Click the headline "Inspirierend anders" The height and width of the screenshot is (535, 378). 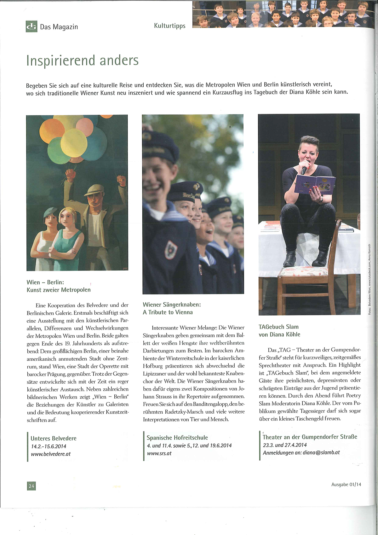83,61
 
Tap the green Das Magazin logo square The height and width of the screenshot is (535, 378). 31,26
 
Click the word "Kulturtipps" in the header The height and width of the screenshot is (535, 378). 170,26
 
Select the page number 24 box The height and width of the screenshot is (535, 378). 31,486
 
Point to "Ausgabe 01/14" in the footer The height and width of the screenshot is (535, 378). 346,484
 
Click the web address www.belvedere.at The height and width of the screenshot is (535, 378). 51,454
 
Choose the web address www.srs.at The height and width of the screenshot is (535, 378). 159,453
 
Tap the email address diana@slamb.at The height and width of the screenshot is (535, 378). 321,452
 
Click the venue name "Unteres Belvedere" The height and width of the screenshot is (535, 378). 54,438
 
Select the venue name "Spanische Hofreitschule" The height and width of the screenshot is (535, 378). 177,438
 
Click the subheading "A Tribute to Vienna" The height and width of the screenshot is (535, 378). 168,312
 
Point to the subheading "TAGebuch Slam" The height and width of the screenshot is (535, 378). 278,327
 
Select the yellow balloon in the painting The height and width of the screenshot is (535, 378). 74,142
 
